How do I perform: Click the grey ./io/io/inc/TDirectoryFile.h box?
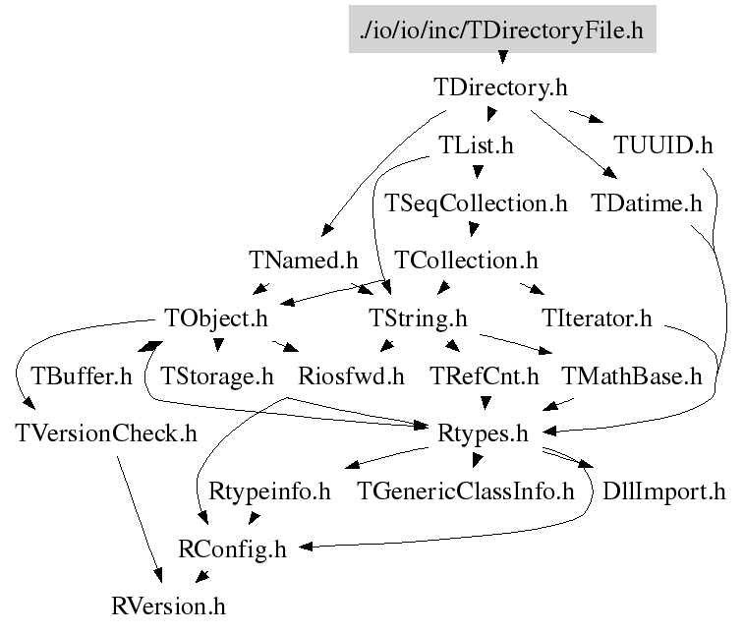tap(501, 29)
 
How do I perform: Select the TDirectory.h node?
tap(500, 86)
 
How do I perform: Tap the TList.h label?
tap(477, 145)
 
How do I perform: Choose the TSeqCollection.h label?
tap(477, 203)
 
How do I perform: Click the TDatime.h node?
tap(647, 203)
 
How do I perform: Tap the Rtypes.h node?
tap(486, 432)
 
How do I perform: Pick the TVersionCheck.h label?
tap(106, 432)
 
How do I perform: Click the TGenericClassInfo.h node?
tap(465, 490)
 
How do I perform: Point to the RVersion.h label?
tap(169, 605)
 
